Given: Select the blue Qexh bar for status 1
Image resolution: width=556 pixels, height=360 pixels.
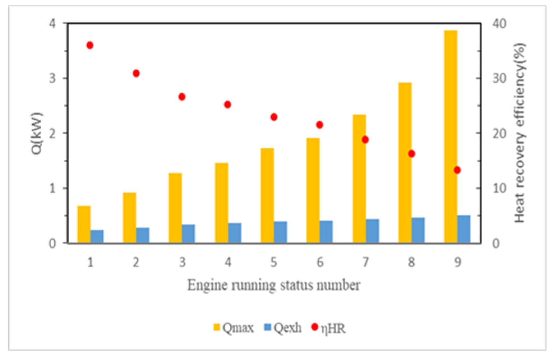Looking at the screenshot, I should coord(97,236).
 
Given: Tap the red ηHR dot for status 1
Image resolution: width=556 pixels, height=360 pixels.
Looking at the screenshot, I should coord(90,45).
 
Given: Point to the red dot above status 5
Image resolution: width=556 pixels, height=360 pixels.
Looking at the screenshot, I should coord(274,117).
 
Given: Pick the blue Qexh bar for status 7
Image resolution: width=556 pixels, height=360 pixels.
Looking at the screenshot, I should coord(372,231).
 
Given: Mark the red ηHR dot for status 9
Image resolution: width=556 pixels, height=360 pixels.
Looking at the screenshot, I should coord(457,170).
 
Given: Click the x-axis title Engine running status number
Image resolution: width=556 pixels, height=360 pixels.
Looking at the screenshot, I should coord(274,285).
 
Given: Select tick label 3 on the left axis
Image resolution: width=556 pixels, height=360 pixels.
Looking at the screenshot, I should coord(52,78).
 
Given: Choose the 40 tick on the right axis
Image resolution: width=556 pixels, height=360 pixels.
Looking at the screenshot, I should coord(499,24).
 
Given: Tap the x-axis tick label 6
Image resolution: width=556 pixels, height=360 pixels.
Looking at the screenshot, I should coord(320,263).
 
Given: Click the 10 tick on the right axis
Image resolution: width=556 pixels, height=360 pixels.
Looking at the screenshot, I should coord(499,188).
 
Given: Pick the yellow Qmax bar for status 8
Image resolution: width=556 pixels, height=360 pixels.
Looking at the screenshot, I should coord(405,162).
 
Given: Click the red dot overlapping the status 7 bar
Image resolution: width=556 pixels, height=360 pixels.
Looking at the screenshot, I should coord(365,140).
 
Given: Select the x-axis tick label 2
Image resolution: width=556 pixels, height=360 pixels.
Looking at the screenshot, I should coord(136,263).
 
